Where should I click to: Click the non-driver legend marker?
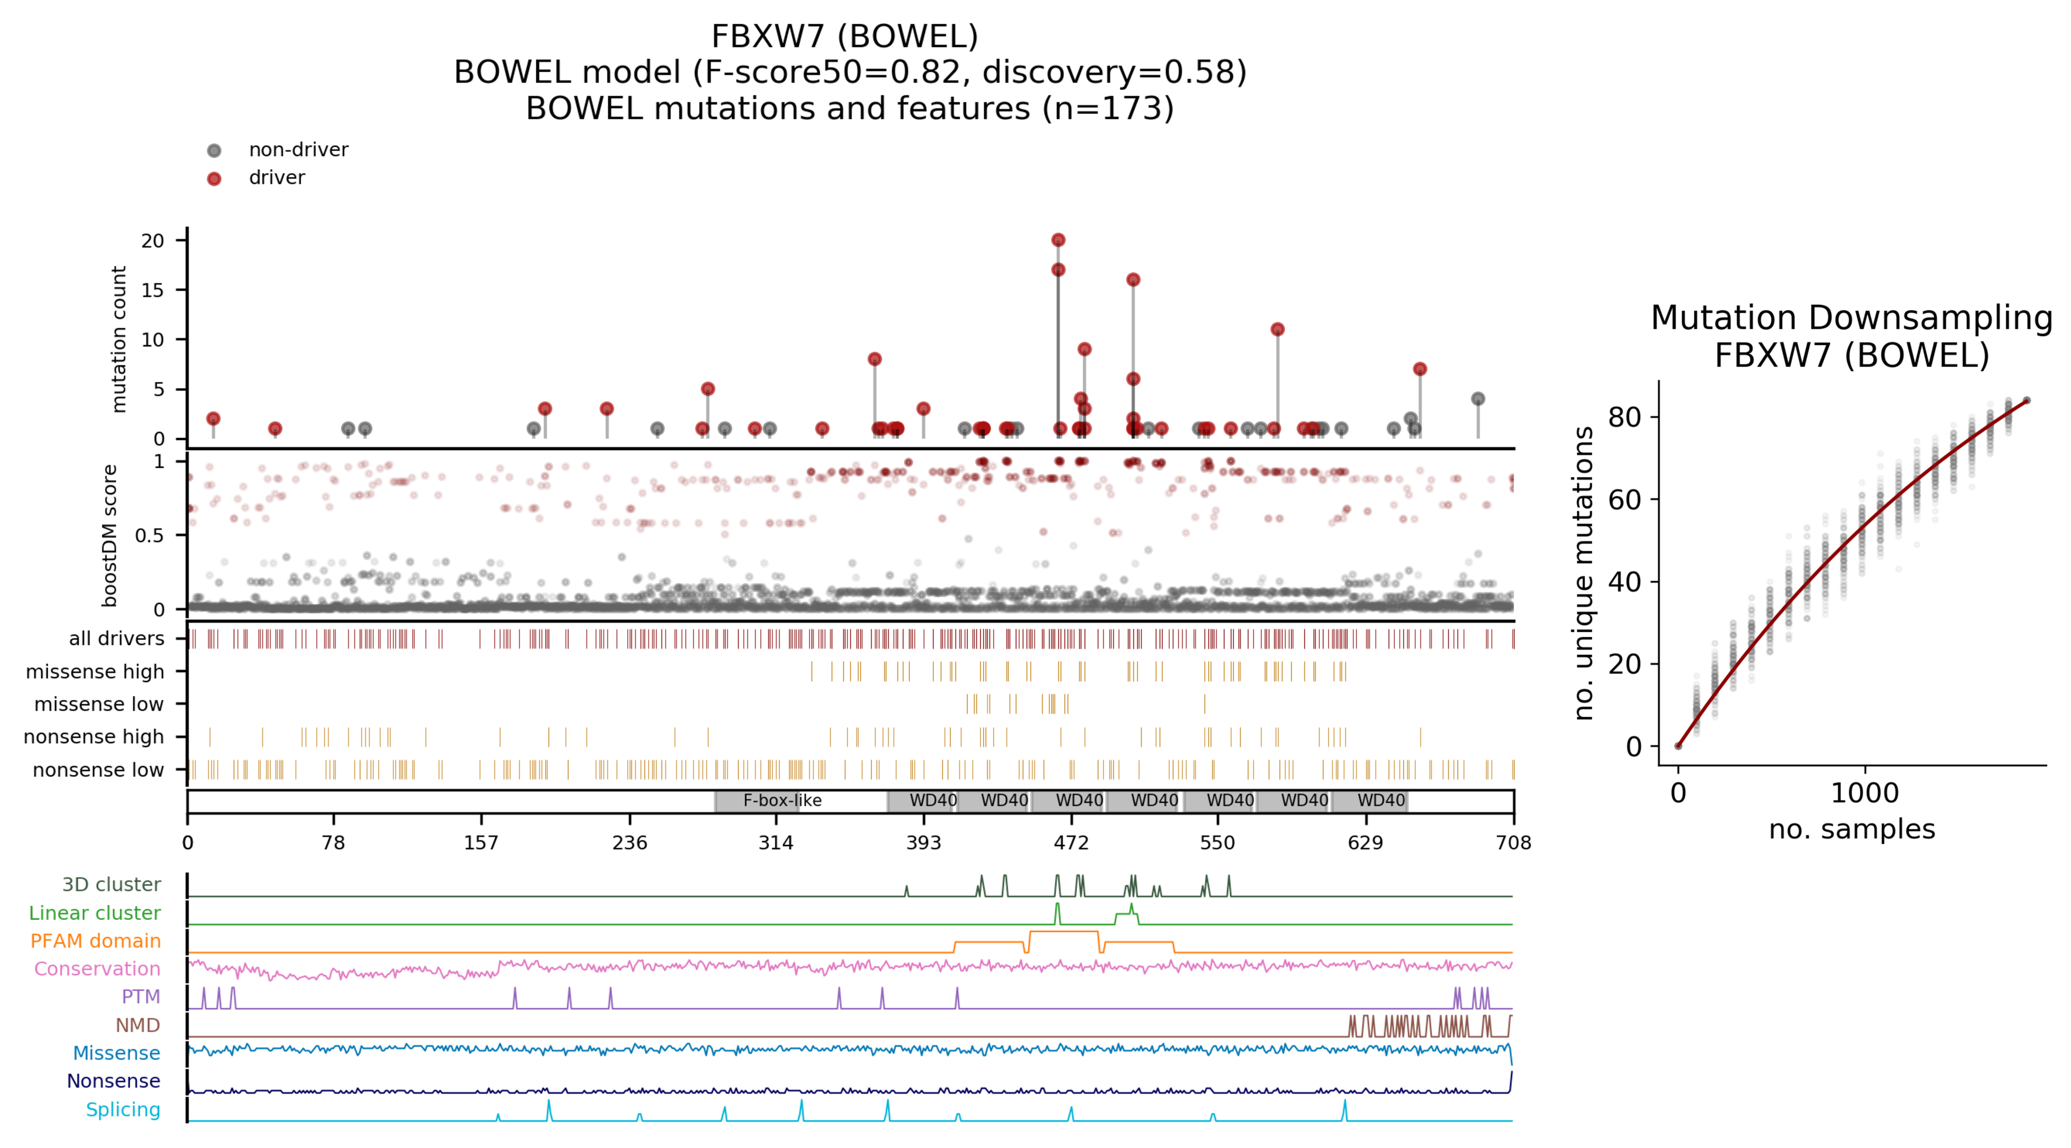214,150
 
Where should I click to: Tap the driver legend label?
276,178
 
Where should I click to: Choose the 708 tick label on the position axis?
1513,842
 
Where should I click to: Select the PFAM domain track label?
95,941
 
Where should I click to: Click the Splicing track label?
123,1110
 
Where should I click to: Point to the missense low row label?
98,704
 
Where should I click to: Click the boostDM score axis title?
110,535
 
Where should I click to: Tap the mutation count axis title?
118,339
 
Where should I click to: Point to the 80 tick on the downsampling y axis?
1624,417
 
